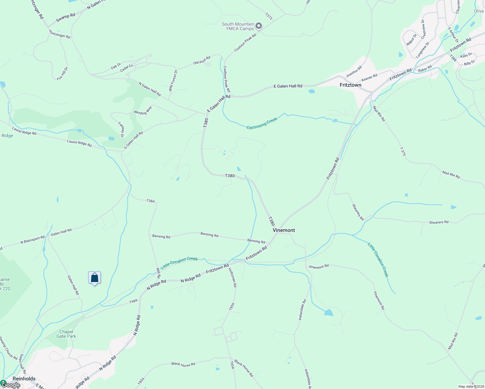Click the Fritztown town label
(x=350, y=85)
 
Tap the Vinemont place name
(x=284, y=230)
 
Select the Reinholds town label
(x=24, y=379)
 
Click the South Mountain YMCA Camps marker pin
(x=259, y=26)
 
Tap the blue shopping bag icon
(x=94, y=278)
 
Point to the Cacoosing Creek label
(x=262, y=124)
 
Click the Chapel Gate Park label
(x=66, y=334)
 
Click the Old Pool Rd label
(x=202, y=60)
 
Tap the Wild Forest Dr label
(x=173, y=80)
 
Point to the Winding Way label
(x=143, y=111)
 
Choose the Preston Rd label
(x=354, y=72)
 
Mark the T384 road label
(x=150, y=201)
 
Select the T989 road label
(x=133, y=301)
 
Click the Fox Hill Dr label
(x=63, y=74)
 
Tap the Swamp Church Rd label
(x=8, y=348)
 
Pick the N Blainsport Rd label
(x=32, y=240)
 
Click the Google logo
(x=10, y=385)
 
